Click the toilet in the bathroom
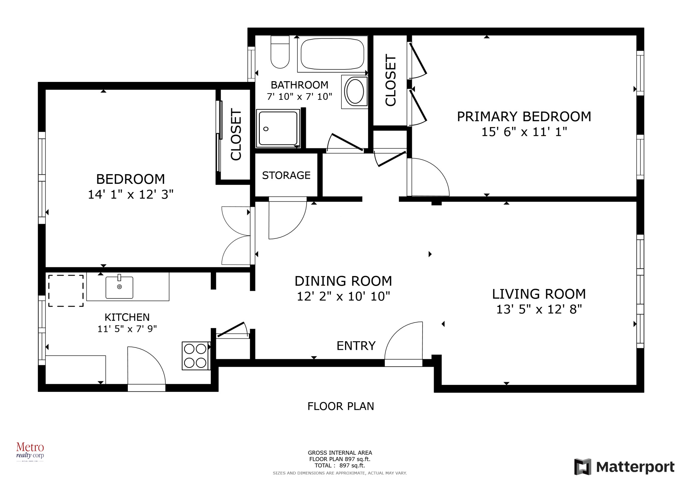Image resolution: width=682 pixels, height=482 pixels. pos(280,53)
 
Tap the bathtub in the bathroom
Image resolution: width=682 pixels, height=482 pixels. pos(332,54)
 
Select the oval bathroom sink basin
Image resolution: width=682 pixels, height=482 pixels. pos(355,91)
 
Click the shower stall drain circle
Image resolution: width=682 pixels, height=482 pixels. pos(266,129)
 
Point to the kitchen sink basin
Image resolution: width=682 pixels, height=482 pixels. pos(119,288)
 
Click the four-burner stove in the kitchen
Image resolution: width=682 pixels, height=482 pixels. pos(195,356)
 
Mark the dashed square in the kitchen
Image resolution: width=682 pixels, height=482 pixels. pos(66,291)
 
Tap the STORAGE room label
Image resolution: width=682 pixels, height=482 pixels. pos(286,175)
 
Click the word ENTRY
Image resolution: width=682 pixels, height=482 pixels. pos(356,346)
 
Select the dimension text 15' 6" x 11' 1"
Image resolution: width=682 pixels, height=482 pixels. pos(524,132)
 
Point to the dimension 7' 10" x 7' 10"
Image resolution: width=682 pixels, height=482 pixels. pos(299,97)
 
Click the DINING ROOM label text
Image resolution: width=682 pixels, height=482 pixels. pos(343,281)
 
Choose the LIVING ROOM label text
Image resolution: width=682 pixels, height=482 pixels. pos(539,294)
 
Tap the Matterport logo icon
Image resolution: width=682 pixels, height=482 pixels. pos(582,467)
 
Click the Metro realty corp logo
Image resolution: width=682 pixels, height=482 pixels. pos(30,451)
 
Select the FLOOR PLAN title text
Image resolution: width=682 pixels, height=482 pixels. pos(340,406)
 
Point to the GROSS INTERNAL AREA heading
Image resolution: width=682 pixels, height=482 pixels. pos(340,453)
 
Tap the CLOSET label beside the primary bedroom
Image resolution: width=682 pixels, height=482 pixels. pos(390,80)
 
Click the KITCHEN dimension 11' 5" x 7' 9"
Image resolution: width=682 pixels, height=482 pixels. pos(127,329)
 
